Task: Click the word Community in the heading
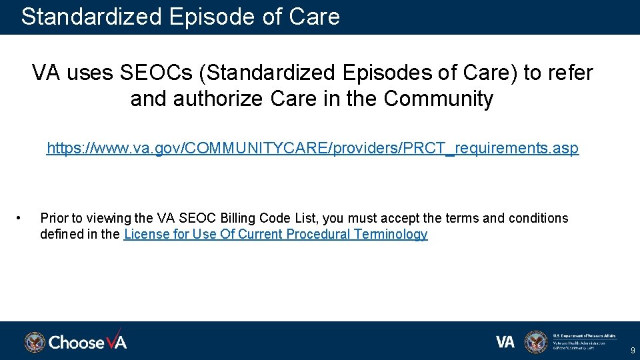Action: pos(439,99)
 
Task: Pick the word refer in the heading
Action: pos(570,73)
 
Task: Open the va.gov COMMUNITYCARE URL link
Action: pos(312,148)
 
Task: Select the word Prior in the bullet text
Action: pos(54,218)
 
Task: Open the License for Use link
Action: pos(275,234)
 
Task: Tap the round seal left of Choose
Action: pos(35,342)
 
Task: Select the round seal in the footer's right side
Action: pos(535,342)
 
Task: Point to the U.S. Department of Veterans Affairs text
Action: pos(585,335)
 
